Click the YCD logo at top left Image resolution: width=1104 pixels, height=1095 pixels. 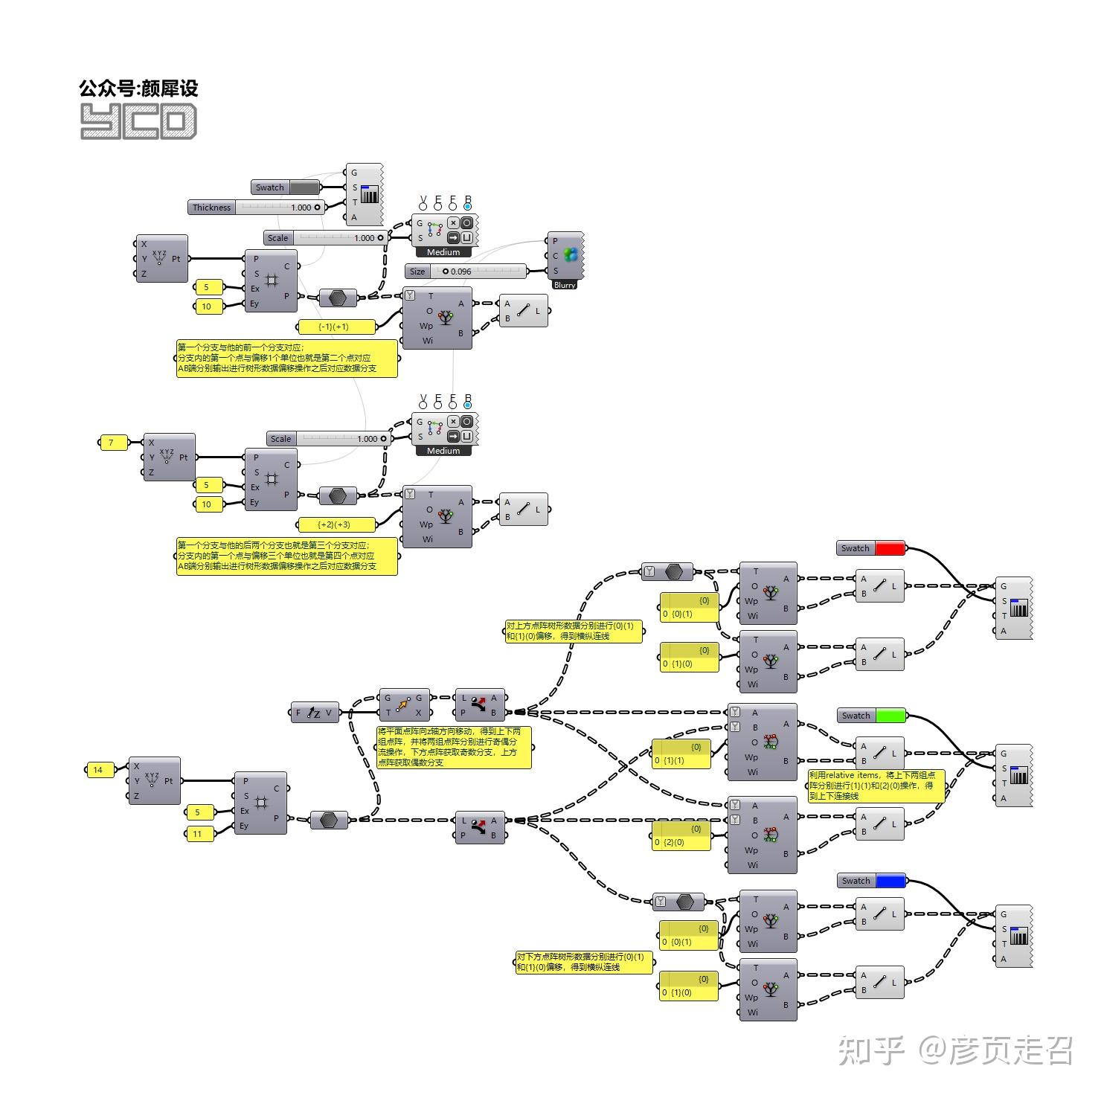coord(138,121)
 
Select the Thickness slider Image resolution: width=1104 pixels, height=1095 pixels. coord(256,208)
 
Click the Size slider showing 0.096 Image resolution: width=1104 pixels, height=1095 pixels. coord(466,272)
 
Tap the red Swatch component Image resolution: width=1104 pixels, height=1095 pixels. coord(870,548)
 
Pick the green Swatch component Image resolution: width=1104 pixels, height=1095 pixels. coord(871,716)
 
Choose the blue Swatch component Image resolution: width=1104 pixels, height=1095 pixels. coord(871,881)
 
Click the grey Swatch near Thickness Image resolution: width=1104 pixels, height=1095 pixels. coord(286,187)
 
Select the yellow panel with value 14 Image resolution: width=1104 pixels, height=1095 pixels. coord(100,770)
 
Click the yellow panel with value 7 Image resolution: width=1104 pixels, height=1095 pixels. coord(112,443)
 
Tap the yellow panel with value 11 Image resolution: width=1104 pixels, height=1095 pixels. coord(199,834)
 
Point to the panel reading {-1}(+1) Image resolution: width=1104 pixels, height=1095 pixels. coord(335,327)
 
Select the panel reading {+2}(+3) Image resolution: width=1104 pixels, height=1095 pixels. coord(336,524)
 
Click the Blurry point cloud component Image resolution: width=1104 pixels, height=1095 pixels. coord(565,260)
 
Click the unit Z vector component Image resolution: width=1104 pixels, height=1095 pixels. coord(314,713)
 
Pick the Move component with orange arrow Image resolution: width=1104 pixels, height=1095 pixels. coord(404,704)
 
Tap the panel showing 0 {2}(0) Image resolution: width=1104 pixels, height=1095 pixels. coord(681,836)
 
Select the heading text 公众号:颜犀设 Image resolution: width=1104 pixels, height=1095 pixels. coord(138,89)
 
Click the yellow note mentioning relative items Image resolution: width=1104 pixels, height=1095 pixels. coord(876,786)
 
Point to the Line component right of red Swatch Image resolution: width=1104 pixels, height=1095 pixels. coord(879,585)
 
